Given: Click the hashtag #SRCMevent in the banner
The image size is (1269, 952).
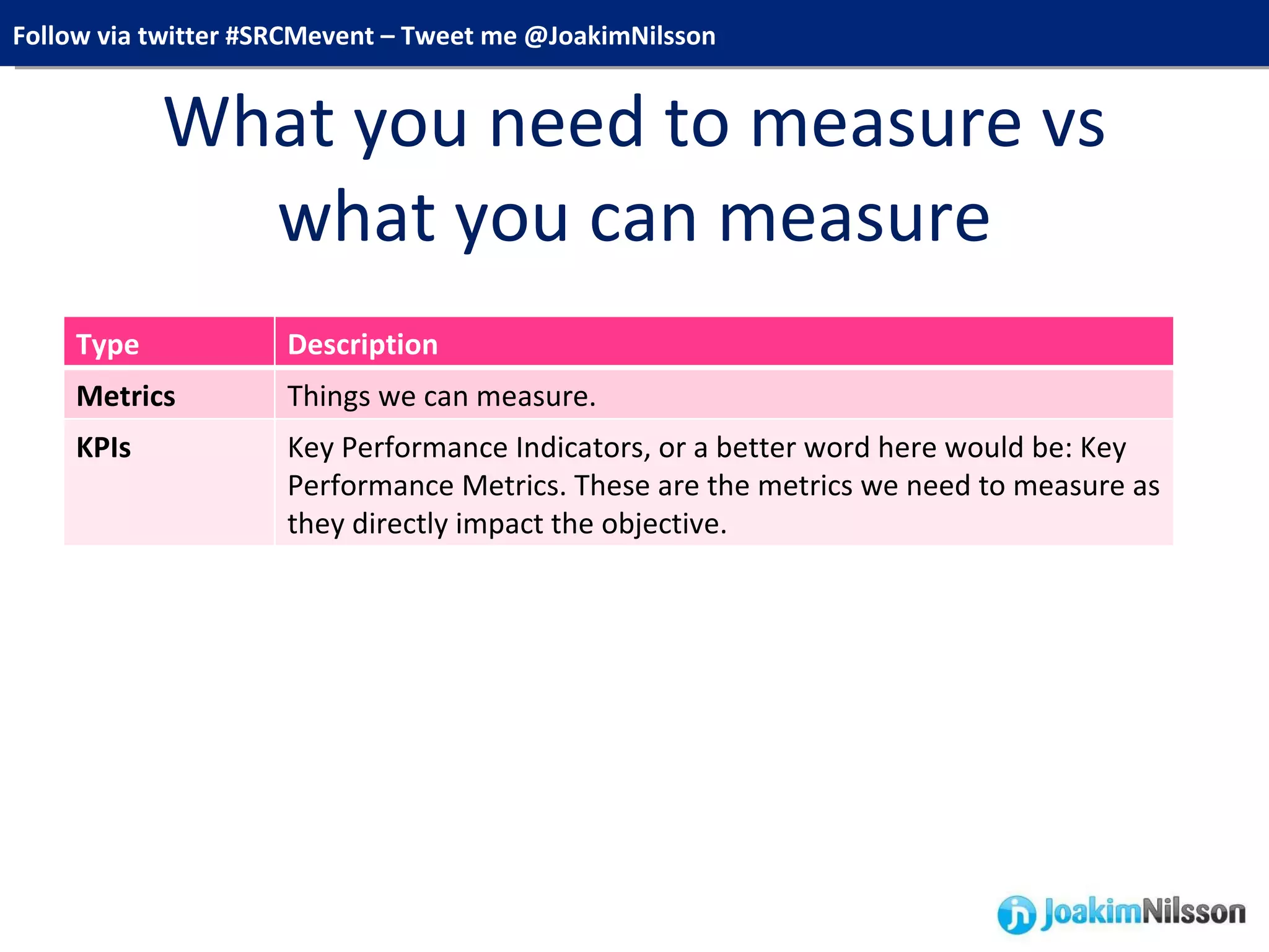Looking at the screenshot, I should point(299,36).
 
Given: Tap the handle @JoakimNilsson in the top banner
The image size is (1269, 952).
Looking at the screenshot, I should point(620,36).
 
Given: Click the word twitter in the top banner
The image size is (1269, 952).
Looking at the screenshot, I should point(178,36).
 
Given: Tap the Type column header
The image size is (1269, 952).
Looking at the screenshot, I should point(107,345).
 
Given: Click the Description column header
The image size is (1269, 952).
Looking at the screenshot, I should point(362,345).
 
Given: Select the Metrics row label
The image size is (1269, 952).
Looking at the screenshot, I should point(126,396).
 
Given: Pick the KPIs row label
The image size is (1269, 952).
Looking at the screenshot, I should point(103,447).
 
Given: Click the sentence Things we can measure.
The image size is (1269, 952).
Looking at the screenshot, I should point(441,396).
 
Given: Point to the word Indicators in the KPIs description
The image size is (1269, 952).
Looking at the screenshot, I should point(582,447).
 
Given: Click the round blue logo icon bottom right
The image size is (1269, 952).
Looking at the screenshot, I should point(1016,914).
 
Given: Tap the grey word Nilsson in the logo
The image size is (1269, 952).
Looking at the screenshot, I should point(1193,912).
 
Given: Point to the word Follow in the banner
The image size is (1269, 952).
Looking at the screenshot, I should point(51,36).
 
